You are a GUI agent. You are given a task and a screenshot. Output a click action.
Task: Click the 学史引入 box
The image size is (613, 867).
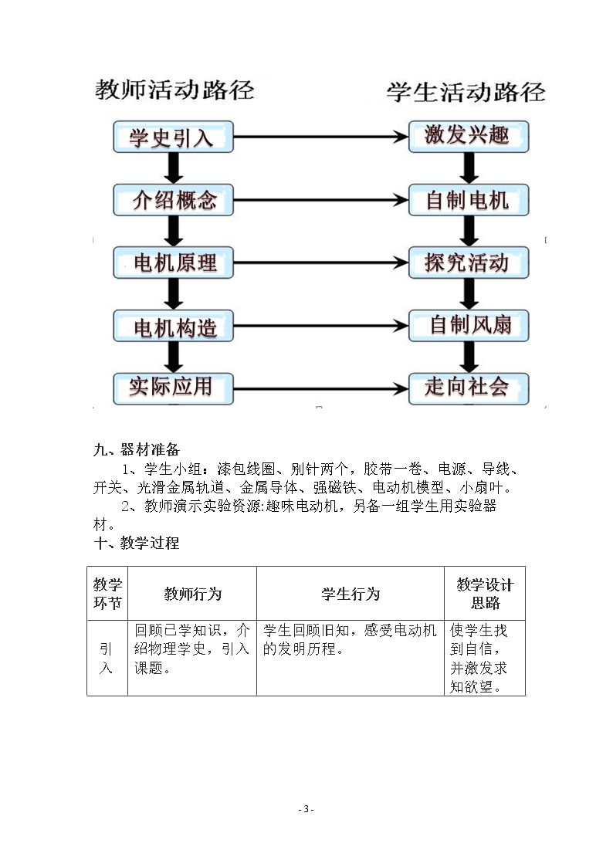pos(173,137)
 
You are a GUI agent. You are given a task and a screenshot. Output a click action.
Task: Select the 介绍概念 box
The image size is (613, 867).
pos(173,200)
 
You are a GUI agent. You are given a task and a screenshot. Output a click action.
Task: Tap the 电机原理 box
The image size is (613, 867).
pos(173,262)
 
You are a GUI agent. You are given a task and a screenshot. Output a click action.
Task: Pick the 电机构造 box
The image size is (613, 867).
pos(173,327)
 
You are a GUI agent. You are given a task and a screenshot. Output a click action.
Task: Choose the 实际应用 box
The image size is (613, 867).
pos(173,388)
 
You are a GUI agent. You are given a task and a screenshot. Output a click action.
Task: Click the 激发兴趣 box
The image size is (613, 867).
pos(469,136)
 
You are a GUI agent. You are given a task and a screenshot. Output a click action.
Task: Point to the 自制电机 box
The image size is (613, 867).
pos(469,200)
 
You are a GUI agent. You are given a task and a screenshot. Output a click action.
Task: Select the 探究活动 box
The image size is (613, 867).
pos(469,262)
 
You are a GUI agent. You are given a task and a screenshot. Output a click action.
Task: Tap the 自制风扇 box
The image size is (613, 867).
pos(469,326)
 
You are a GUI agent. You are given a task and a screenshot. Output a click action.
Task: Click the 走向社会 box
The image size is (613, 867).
pos(469,388)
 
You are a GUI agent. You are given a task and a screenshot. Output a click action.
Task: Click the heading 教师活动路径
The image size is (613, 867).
pos(174,90)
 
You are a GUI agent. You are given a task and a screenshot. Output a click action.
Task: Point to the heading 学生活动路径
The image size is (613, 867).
pos(466,92)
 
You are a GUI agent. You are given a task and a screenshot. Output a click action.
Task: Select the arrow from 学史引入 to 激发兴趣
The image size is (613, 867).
pos(321,137)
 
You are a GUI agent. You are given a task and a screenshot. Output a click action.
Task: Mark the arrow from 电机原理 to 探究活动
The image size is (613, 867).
pos(321,262)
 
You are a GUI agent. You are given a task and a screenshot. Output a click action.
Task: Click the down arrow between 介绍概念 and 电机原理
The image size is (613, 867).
pos(174,231)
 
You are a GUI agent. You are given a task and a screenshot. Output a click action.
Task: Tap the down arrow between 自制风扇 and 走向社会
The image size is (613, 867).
pos(469,357)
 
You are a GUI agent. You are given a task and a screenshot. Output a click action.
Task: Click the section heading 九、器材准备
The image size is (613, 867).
pos(137,449)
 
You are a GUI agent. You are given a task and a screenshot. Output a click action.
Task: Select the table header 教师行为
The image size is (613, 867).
pos(192,594)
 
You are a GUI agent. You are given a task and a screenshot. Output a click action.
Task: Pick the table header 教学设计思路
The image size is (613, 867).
pos(486,594)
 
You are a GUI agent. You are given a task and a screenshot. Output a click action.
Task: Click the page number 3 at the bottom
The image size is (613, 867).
pos(306,809)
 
